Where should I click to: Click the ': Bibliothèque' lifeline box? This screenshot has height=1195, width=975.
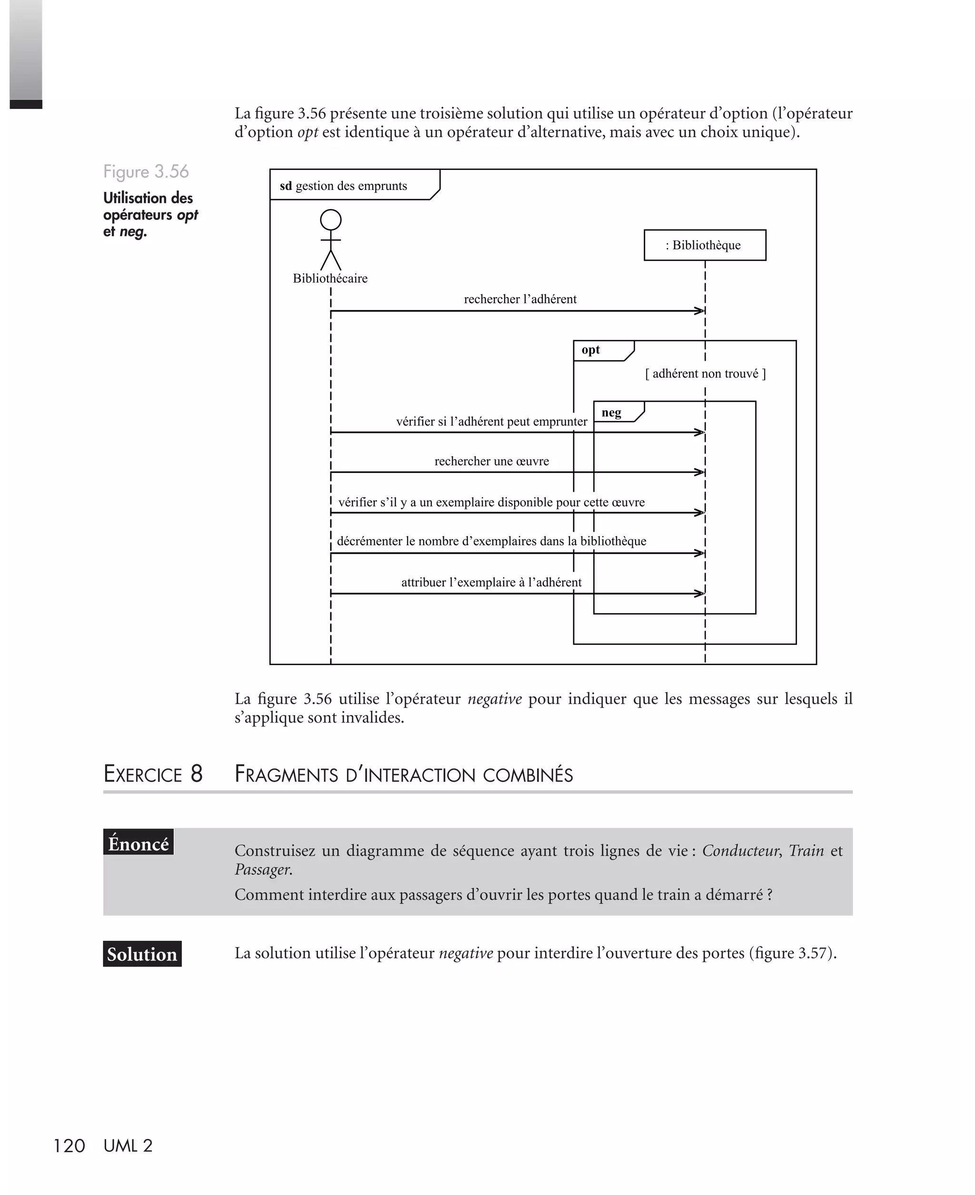tap(705, 245)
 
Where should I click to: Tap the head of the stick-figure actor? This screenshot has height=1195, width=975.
tap(330, 220)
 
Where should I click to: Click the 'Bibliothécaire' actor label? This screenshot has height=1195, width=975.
tap(330, 279)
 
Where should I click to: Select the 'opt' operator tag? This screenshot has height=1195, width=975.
tap(591, 350)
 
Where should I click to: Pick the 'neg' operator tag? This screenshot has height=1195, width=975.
tap(612, 413)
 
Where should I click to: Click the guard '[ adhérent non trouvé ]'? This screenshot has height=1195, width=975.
tap(706, 373)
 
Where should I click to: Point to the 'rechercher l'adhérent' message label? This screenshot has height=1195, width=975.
tap(520, 299)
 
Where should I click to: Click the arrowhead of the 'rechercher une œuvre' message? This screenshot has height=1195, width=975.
tap(700, 472)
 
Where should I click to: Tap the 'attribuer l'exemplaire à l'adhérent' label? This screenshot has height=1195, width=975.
tap(491, 582)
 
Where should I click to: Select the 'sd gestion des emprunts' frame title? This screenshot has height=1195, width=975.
tap(344, 186)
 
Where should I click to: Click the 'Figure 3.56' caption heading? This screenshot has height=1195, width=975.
tap(146, 172)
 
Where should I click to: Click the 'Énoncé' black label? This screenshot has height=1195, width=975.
tap(139, 844)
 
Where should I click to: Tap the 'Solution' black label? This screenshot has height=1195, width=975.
tap(142, 954)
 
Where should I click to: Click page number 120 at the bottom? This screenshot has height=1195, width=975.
tap(69, 1145)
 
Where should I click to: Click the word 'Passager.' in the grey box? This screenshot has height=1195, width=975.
tap(263, 869)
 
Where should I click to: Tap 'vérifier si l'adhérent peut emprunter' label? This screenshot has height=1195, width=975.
tap(491, 422)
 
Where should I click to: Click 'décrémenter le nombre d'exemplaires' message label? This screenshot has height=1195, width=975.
tap(491, 541)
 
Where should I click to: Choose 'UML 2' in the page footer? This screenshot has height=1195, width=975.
tap(128, 1145)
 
